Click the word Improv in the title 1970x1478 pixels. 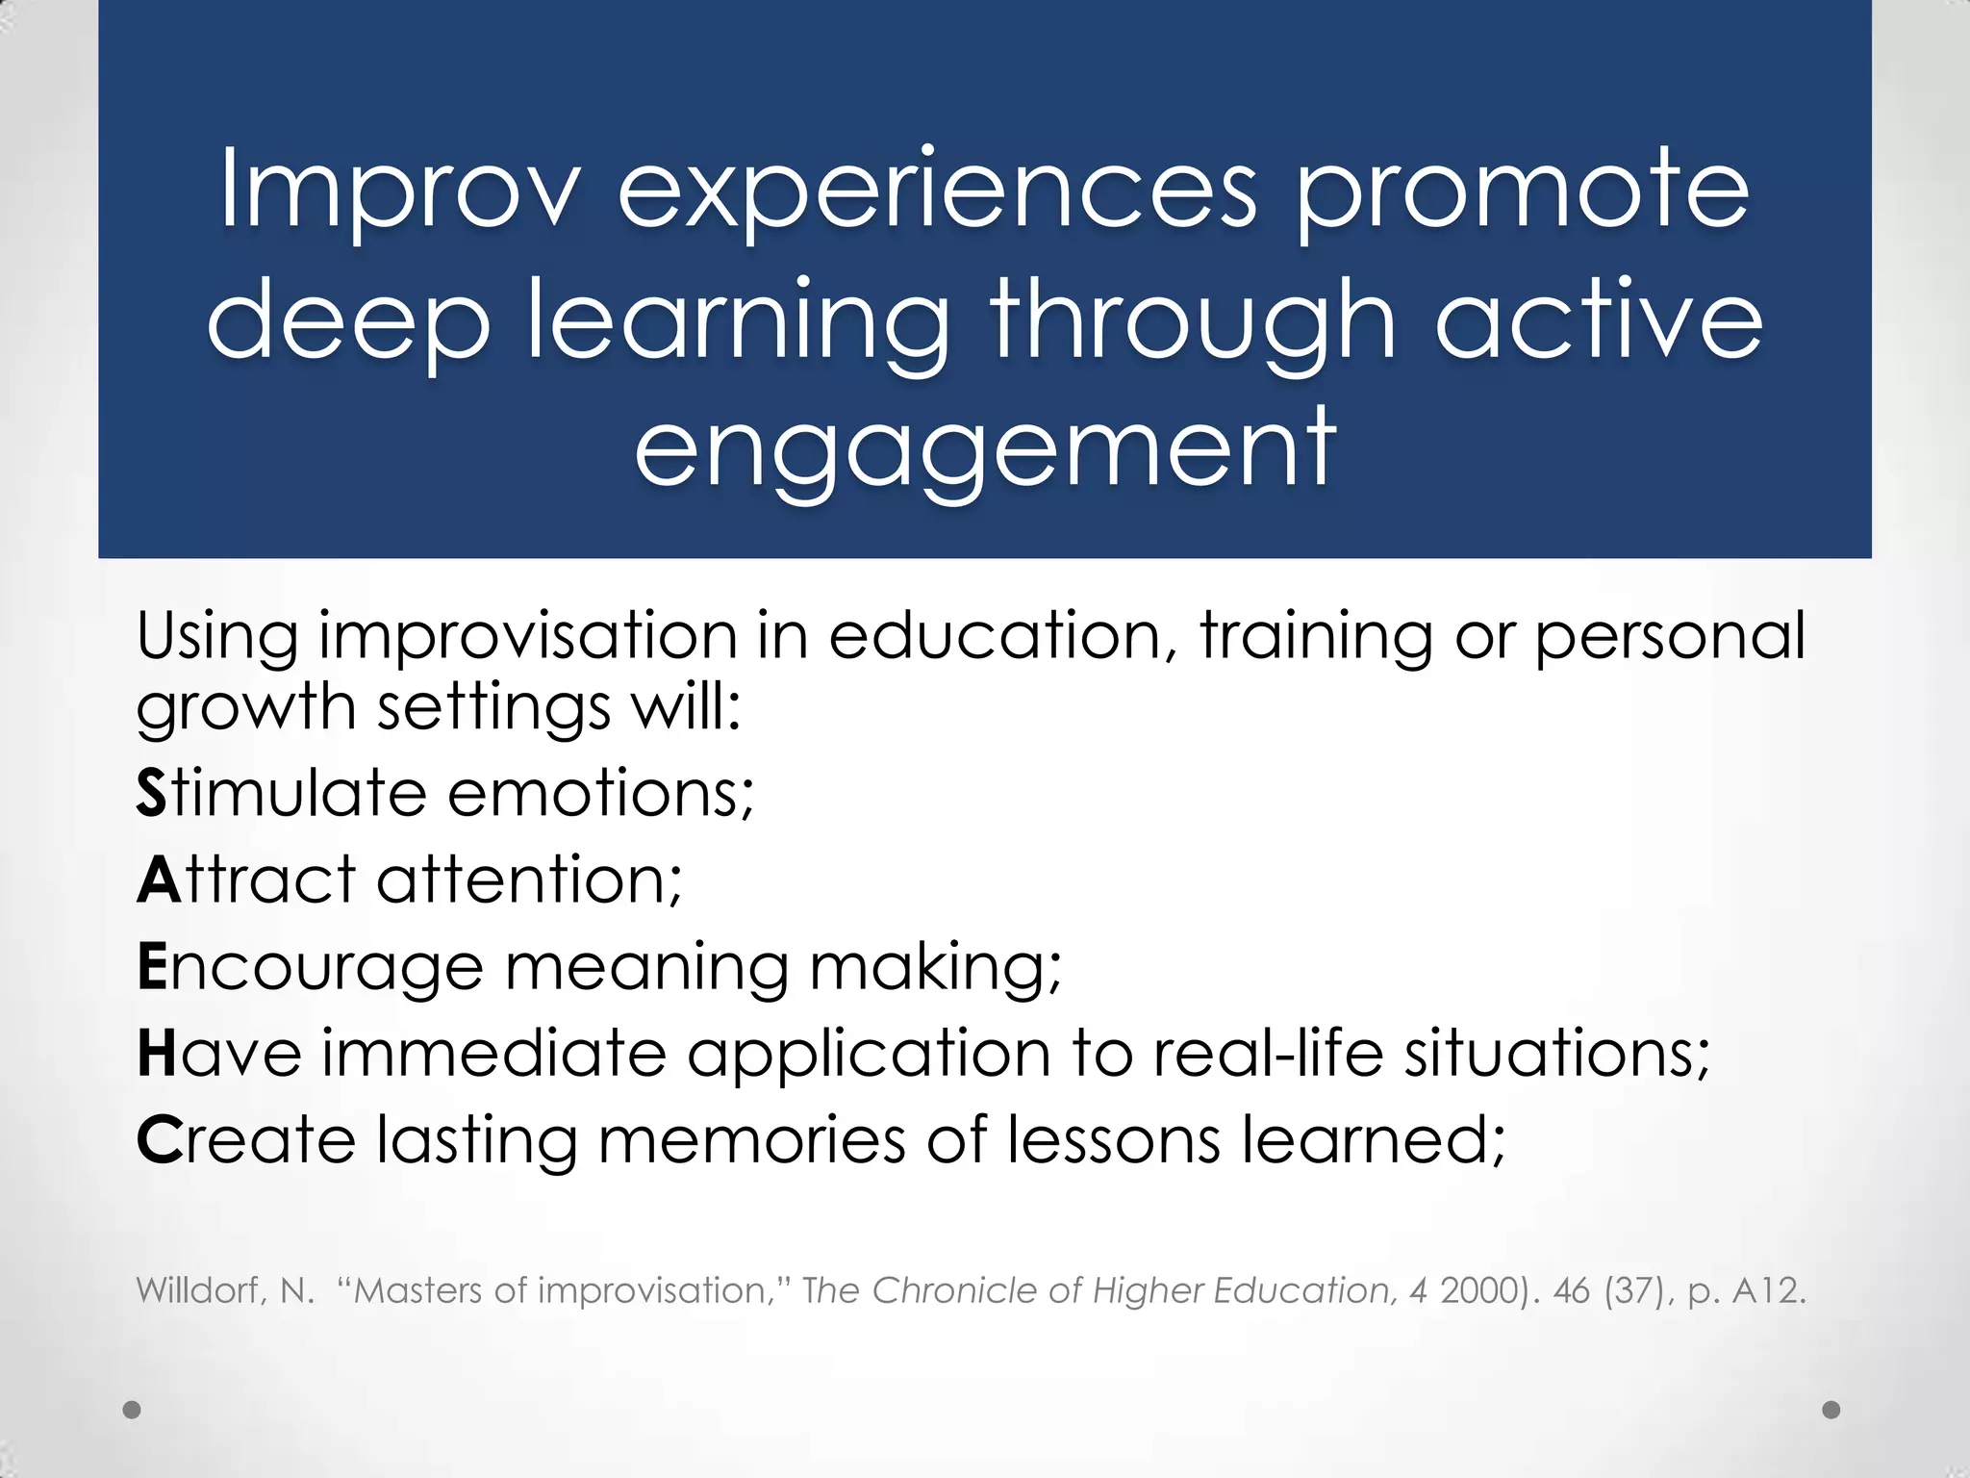(x=400, y=191)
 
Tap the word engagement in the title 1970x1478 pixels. (x=985, y=450)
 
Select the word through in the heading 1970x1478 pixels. (x=1193, y=321)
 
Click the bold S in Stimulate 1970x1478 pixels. (x=151, y=794)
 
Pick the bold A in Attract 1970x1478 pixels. (x=159, y=880)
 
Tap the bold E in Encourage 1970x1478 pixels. (x=152, y=967)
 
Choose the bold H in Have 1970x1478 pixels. (x=157, y=1054)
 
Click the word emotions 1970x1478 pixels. (x=601, y=794)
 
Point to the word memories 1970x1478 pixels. (x=751, y=1141)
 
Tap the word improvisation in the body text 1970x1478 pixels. (x=528, y=637)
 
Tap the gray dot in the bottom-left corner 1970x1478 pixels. (x=133, y=1410)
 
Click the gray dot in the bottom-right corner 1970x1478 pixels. (x=1831, y=1410)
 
